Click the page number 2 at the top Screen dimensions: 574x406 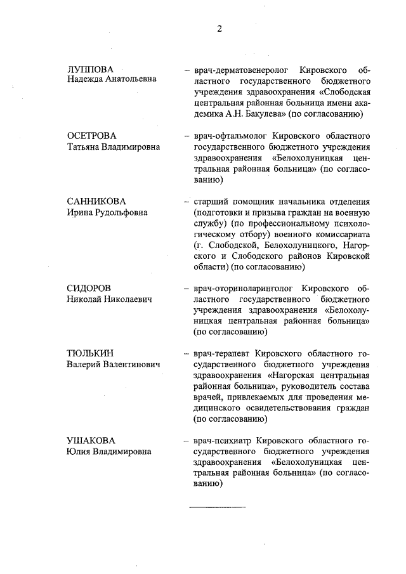point(219,28)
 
